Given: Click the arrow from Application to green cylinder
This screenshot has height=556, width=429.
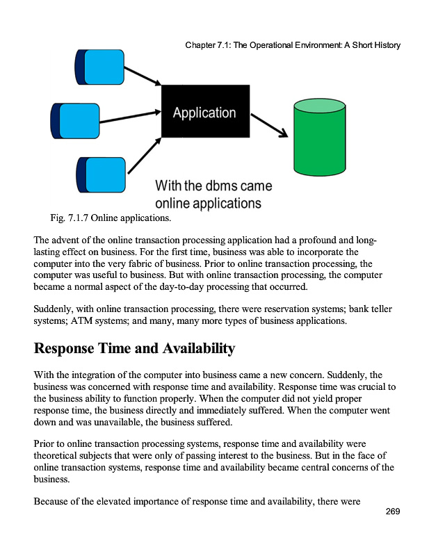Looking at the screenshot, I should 268,125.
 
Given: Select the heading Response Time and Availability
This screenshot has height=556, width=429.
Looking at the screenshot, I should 135,348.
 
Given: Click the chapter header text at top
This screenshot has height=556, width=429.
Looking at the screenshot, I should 293,45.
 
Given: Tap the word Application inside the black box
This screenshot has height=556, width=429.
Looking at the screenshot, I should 204,113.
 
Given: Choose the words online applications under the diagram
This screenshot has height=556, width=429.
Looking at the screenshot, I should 208,204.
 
